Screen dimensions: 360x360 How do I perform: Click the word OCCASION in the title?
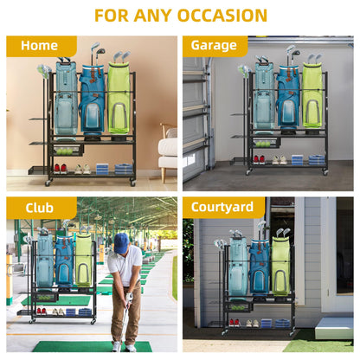click(222, 16)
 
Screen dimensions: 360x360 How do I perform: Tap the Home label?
click(39, 46)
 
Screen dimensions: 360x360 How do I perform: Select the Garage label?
click(214, 46)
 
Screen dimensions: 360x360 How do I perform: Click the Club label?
click(39, 208)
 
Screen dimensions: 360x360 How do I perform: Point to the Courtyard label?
click(222, 207)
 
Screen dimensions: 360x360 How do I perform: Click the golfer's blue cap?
click(121, 243)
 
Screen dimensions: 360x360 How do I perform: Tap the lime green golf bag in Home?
click(119, 98)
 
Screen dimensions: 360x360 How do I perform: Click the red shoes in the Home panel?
click(61, 169)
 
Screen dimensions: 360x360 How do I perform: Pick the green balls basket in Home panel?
click(67, 150)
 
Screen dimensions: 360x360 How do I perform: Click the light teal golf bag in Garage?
click(264, 96)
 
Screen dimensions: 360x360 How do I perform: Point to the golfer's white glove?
click(130, 296)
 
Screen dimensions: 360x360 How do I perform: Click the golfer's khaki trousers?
click(126, 312)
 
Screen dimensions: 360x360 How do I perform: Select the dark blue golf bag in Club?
click(64, 262)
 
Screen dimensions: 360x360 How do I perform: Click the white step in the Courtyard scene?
click(334, 328)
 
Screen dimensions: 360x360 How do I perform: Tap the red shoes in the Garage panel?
click(259, 160)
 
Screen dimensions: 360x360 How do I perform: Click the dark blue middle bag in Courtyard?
click(260, 267)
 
